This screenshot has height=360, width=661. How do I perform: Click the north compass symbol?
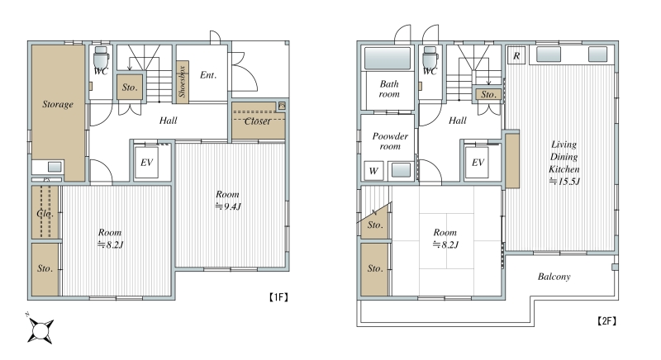(40, 329)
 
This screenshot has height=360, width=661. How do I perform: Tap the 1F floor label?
(278, 297)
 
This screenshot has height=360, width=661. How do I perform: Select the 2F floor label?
(606, 321)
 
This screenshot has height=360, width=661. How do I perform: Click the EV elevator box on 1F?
(146, 162)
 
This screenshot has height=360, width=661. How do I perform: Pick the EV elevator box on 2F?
(478, 162)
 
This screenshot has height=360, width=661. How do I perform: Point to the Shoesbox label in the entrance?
(182, 82)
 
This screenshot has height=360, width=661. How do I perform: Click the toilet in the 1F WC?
(101, 55)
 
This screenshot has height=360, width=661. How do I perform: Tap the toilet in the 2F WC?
(430, 55)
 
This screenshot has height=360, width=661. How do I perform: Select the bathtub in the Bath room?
(388, 58)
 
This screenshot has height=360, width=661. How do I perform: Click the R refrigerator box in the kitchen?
(516, 55)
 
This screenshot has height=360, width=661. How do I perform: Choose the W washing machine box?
(373, 171)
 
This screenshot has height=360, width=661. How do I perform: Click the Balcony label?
(554, 277)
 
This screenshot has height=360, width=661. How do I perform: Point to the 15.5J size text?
(564, 182)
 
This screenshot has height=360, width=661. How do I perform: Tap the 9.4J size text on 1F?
(228, 206)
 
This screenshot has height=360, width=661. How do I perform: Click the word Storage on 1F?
(58, 104)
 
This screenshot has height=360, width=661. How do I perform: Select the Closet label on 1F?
(258, 121)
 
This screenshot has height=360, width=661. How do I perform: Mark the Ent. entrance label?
(208, 75)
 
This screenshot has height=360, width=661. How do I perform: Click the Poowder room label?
(390, 141)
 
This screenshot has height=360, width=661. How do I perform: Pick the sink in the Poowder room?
(401, 170)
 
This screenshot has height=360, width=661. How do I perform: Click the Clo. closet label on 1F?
(45, 214)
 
